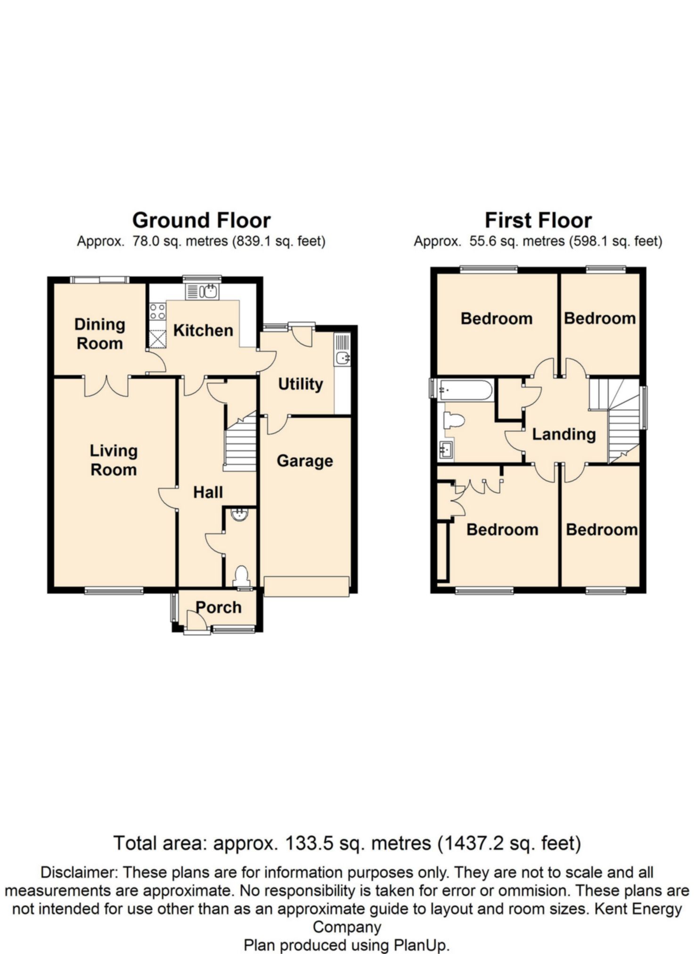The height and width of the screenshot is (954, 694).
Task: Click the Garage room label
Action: tap(305, 461)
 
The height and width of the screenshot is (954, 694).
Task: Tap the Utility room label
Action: tap(300, 384)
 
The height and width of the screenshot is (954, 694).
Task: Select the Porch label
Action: tap(219, 607)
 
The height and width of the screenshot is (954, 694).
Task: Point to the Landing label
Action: tap(564, 434)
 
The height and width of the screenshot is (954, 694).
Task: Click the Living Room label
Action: tap(114, 460)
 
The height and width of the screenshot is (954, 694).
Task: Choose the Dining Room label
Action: tap(100, 334)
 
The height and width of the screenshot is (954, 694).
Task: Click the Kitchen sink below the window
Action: tap(203, 291)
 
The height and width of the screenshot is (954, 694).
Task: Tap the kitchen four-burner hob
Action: tap(157, 311)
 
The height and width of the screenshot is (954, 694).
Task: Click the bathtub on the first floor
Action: tap(465, 390)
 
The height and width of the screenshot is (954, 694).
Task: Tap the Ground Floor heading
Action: tap(202, 220)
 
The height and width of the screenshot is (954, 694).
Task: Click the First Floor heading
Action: tap(538, 220)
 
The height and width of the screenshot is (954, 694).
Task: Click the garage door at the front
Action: tap(306, 587)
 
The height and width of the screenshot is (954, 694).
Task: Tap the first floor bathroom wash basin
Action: tap(446, 450)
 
